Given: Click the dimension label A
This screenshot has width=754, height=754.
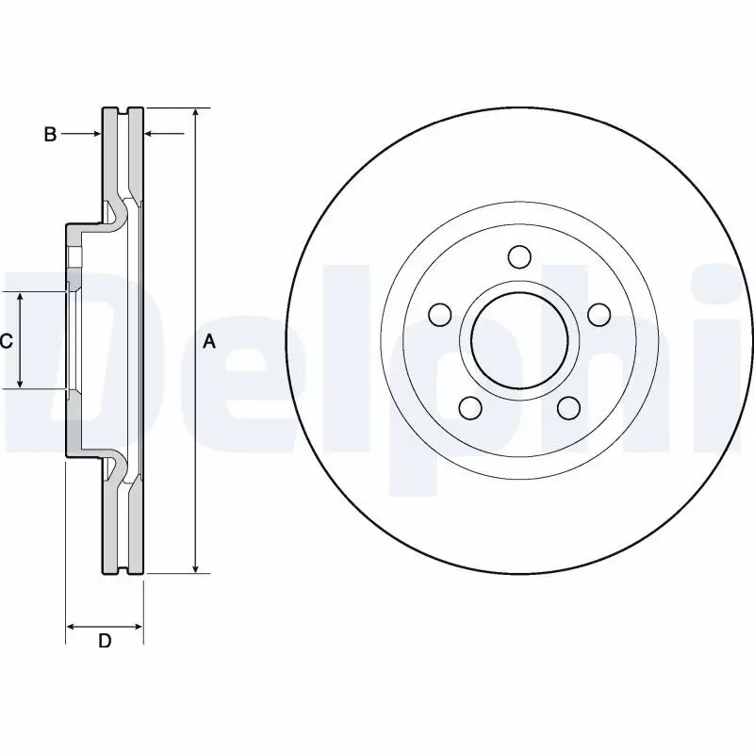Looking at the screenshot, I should point(209,342).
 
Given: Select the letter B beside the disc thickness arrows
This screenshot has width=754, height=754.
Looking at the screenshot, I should point(50,135).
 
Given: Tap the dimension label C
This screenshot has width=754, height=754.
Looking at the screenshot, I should point(6,341).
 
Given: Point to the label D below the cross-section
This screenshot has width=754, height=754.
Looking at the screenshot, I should point(106,641).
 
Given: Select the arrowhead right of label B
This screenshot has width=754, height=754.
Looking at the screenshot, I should point(95,135).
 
